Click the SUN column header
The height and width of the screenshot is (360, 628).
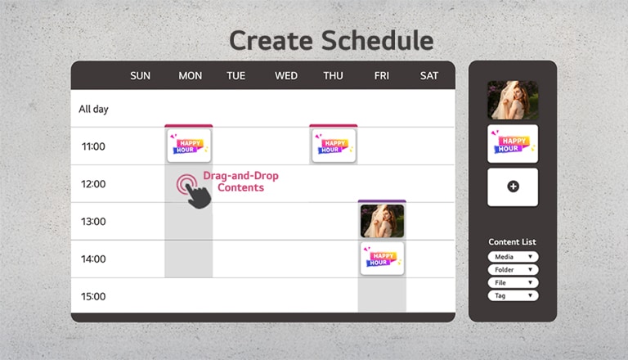(140, 76)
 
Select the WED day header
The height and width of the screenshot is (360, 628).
(286, 76)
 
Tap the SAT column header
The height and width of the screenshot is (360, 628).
(429, 76)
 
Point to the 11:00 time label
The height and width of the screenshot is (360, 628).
(93, 146)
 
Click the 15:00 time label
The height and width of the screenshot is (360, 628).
(93, 296)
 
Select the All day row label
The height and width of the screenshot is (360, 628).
(93, 109)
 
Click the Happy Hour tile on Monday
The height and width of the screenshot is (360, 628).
(189, 146)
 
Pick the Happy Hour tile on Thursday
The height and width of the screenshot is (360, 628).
(334, 146)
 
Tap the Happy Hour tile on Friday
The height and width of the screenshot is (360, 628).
(382, 259)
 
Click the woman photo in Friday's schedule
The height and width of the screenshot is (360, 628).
(382, 221)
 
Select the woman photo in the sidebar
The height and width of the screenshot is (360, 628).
(513, 100)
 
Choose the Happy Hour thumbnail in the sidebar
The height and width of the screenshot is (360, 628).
(513, 144)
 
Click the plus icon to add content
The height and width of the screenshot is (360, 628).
(513, 187)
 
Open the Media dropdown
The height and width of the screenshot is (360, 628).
(513, 257)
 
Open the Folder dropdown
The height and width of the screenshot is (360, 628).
(513, 270)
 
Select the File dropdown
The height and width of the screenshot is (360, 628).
(513, 282)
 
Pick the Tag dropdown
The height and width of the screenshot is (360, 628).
(513, 295)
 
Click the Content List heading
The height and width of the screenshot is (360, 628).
(513, 242)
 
